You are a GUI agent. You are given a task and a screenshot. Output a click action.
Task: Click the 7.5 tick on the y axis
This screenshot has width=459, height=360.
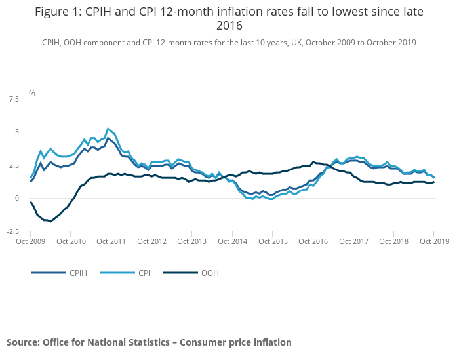[x=13, y=99]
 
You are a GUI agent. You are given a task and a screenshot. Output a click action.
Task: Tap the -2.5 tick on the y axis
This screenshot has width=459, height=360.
[x=12, y=231]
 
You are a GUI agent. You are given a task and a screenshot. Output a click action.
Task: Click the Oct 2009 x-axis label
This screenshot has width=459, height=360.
[x=30, y=241]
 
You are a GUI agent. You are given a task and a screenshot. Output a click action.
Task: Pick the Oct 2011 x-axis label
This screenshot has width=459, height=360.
[x=111, y=241]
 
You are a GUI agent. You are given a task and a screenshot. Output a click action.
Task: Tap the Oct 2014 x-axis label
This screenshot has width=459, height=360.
[x=232, y=241]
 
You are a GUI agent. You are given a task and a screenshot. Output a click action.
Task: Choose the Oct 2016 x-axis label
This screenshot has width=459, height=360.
[x=313, y=241]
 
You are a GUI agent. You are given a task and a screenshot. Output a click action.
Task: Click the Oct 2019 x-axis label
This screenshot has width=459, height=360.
[x=434, y=241]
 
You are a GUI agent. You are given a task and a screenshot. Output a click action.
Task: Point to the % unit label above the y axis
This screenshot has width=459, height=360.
[x=31, y=94]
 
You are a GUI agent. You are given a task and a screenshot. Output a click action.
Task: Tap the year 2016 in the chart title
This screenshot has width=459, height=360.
[x=229, y=26]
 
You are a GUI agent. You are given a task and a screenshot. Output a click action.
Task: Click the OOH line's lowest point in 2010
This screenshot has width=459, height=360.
[x=50, y=222]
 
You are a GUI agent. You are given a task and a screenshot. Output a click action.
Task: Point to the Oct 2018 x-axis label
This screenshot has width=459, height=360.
[x=394, y=241]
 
